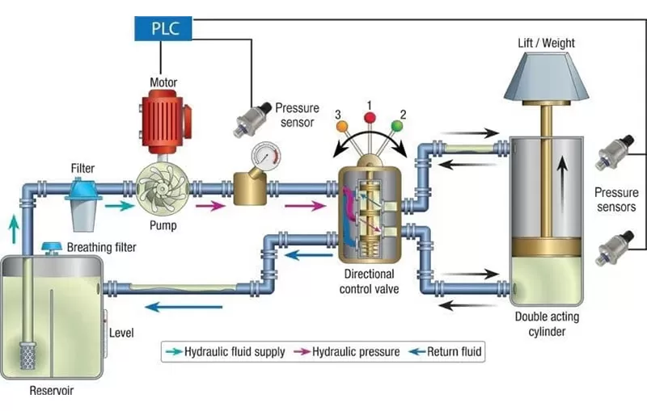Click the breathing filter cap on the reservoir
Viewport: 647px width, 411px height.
(53, 245)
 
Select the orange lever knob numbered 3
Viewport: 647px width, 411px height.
(342, 126)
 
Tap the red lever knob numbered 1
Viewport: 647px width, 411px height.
(370, 118)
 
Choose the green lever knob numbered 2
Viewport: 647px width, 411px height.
(397, 125)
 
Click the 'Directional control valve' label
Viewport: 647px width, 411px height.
(369, 281)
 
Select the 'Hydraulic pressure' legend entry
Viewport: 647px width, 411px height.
(347, 352)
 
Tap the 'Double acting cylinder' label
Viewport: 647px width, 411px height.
(547, 323)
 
